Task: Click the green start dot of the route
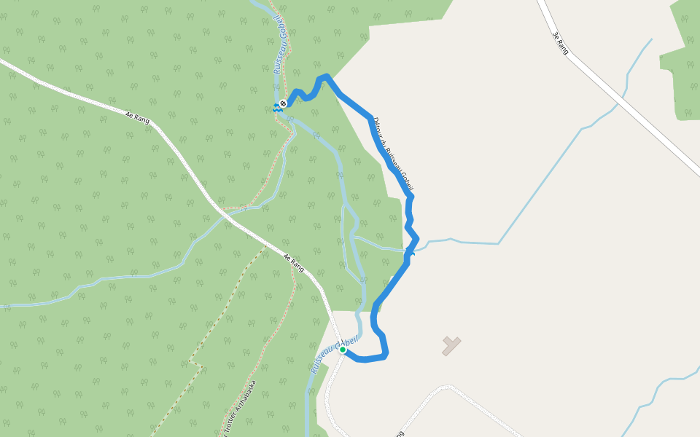click(342, 350)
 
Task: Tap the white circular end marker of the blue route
click(283, 103)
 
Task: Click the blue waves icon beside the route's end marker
click(276, 108)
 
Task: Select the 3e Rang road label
click(560, 43)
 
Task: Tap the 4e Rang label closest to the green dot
click(292, 262)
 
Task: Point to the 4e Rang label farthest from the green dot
click(136, 117)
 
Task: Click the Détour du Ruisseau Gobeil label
click(393, 155)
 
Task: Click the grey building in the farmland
click(451, 345)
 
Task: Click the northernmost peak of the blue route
click(326, 76)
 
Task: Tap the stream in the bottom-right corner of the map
click(656, 393)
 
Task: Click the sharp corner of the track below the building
click(449, 386)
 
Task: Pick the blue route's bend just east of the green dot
click(386, 355)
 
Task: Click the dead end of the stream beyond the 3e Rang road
click(651, 39)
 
